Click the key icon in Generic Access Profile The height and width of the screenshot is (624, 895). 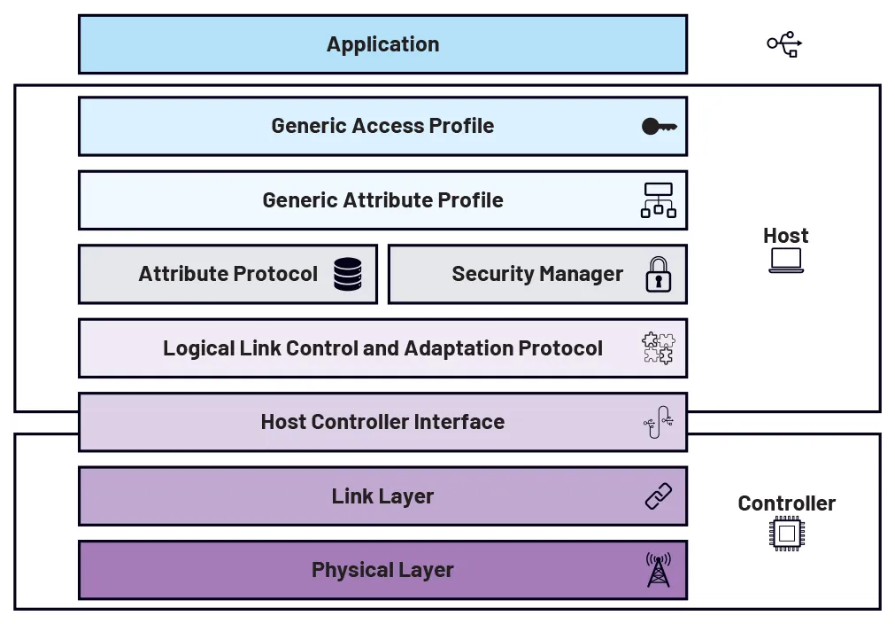659,127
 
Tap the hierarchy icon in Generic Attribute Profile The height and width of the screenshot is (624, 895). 658,200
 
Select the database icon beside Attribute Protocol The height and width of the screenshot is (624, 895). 348,274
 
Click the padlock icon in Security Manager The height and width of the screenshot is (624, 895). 658,274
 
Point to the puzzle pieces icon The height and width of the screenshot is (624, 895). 658,348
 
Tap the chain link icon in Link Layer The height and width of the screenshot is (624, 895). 658,496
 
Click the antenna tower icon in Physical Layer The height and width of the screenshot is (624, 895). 658,569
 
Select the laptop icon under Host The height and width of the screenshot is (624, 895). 786,260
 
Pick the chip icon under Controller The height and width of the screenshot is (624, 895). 786,534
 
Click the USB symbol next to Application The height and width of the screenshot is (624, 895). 784,43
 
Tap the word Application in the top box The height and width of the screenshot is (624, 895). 382,44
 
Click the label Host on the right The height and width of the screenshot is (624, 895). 786,236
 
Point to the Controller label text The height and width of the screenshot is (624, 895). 786,503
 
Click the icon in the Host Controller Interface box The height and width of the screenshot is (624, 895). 658,422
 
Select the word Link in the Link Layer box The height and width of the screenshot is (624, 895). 351,496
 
